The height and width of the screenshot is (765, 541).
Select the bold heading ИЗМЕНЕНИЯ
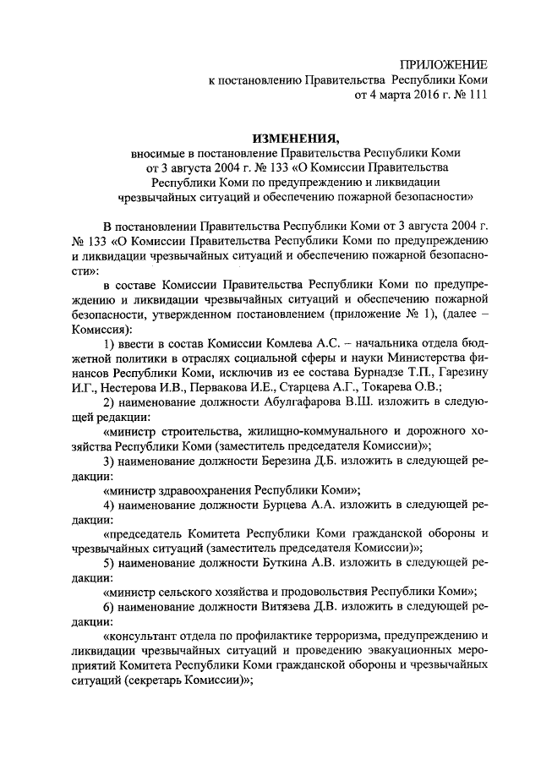295,138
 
